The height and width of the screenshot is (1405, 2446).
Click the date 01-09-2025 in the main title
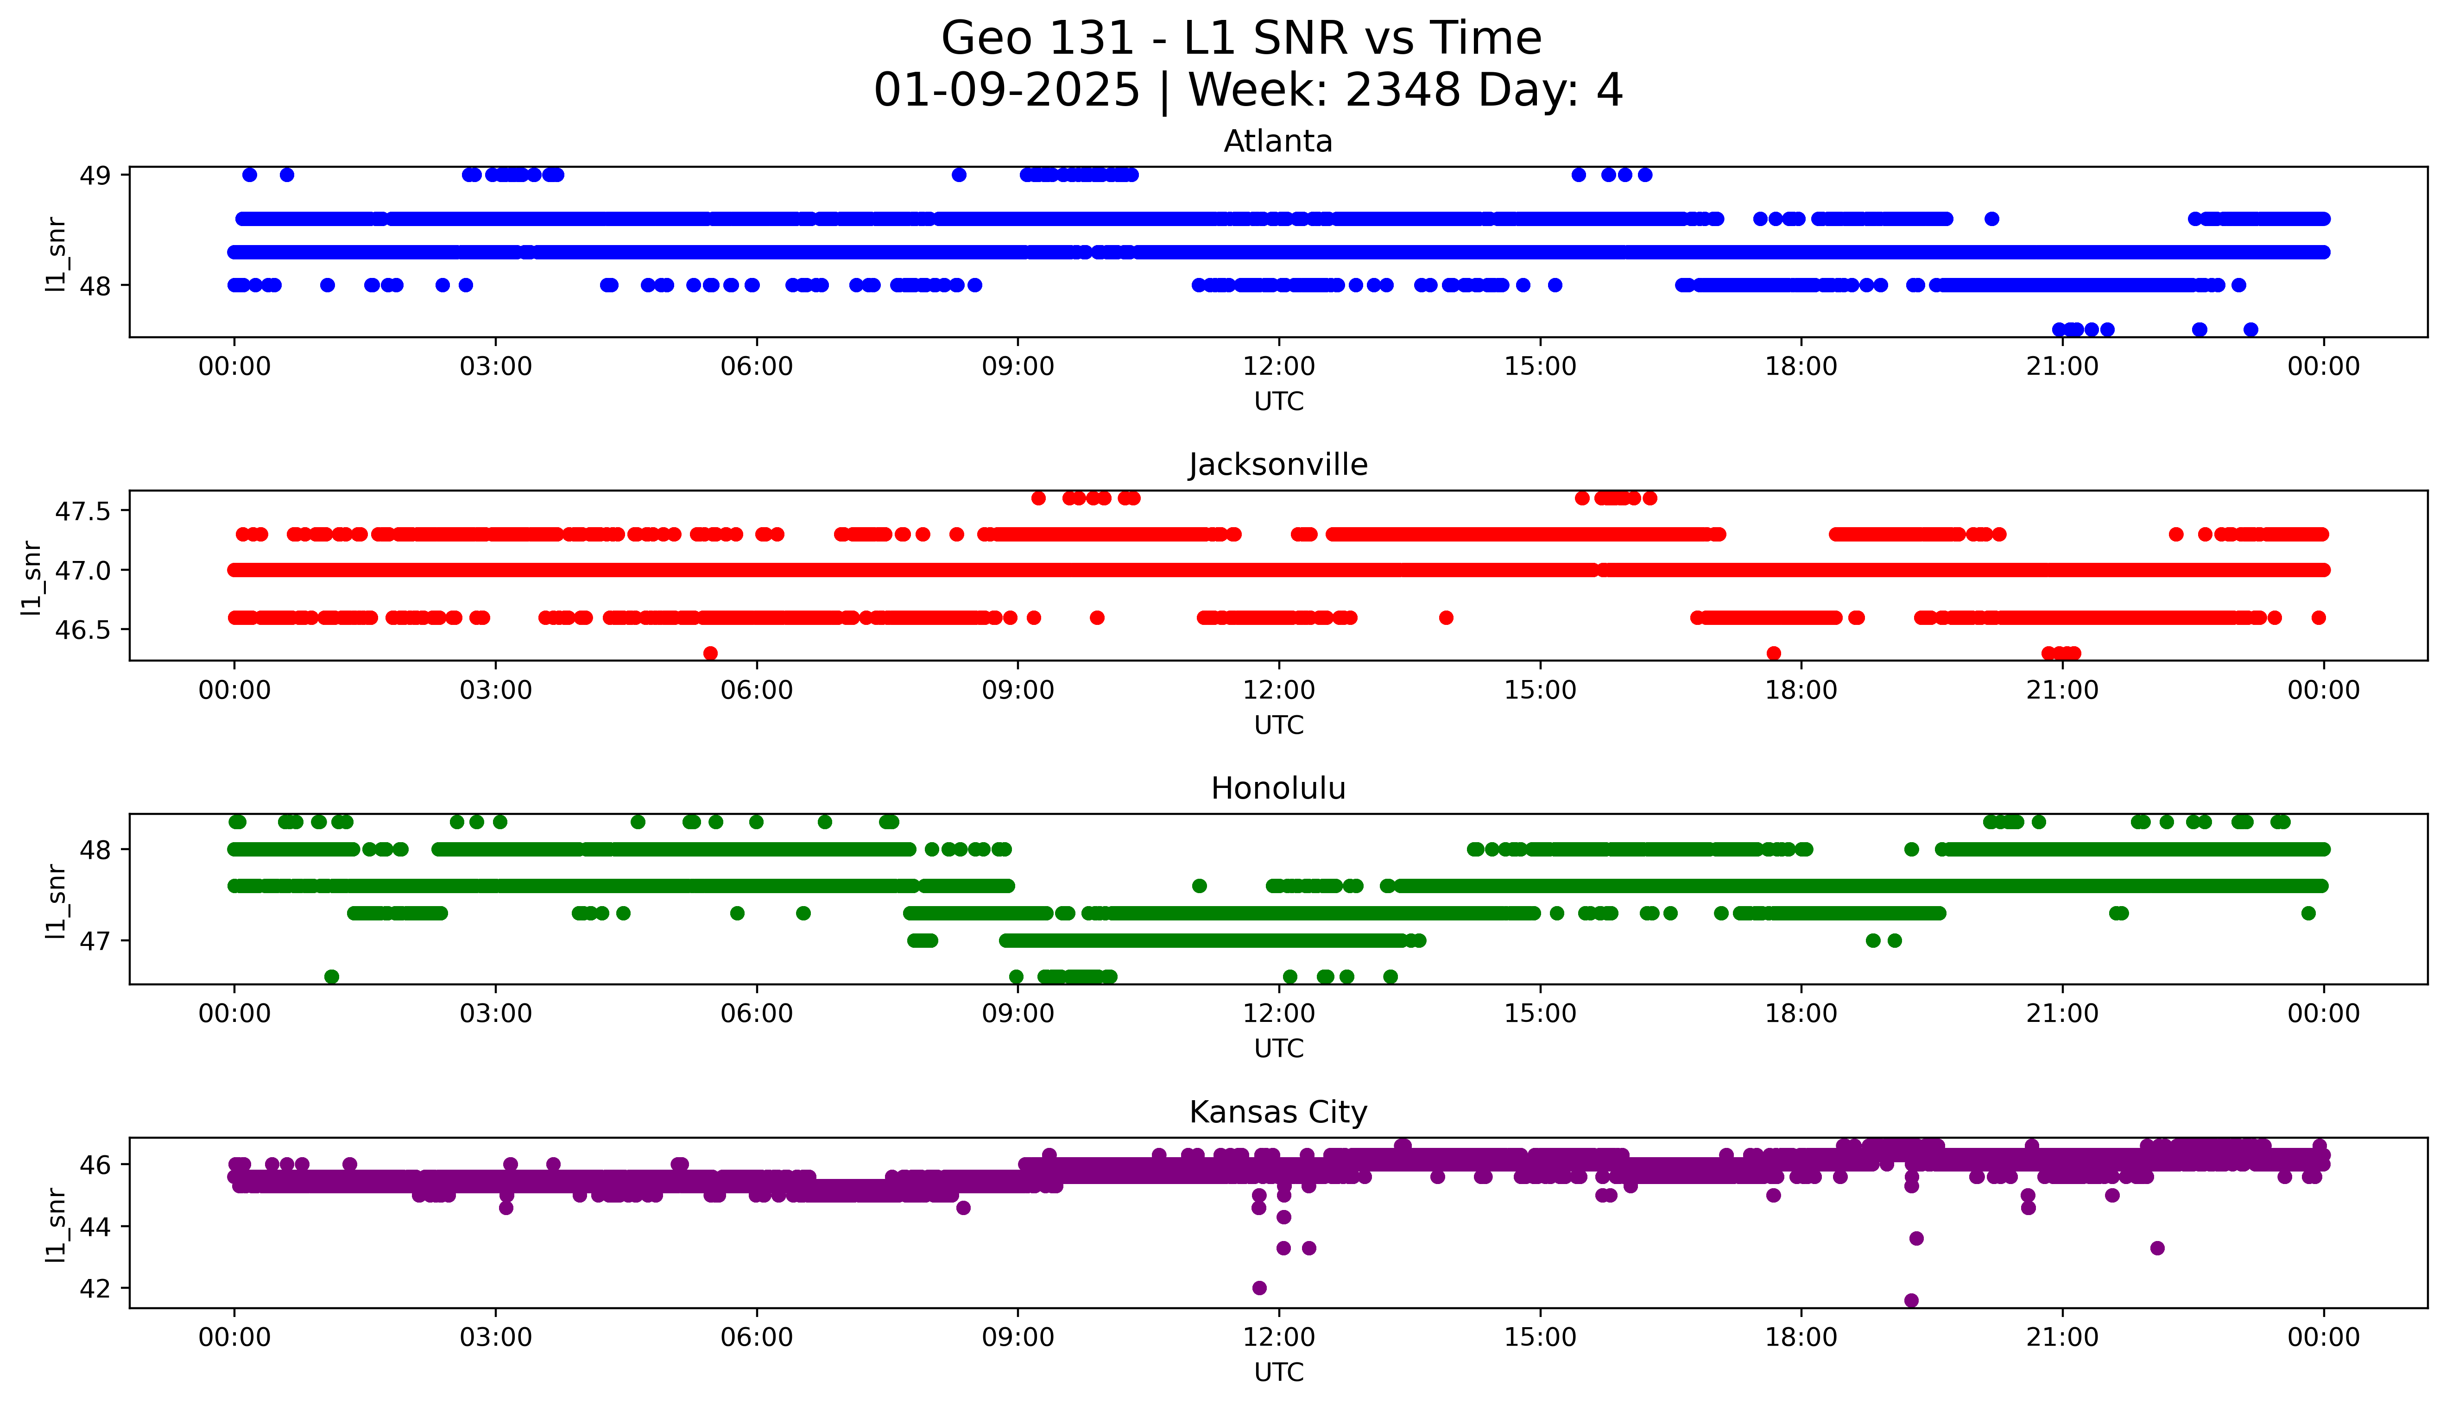[x=1006, y=91]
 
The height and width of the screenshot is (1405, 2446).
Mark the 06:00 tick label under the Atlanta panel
[x=757, y=367]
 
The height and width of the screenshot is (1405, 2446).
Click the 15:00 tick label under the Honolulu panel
[x=1540, y=1014]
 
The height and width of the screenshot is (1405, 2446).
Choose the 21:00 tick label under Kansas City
[x=2062, y=1337]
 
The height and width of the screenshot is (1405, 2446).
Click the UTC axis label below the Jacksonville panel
[x=1278, y=725]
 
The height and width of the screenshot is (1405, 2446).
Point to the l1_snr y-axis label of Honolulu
[x=56, y=901]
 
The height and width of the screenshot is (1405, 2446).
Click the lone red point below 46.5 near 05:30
[x=710, y=653]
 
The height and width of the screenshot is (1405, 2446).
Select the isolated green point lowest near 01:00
[x=331, y=977]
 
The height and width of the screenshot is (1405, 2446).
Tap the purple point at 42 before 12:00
[x=1258, y=1288]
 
